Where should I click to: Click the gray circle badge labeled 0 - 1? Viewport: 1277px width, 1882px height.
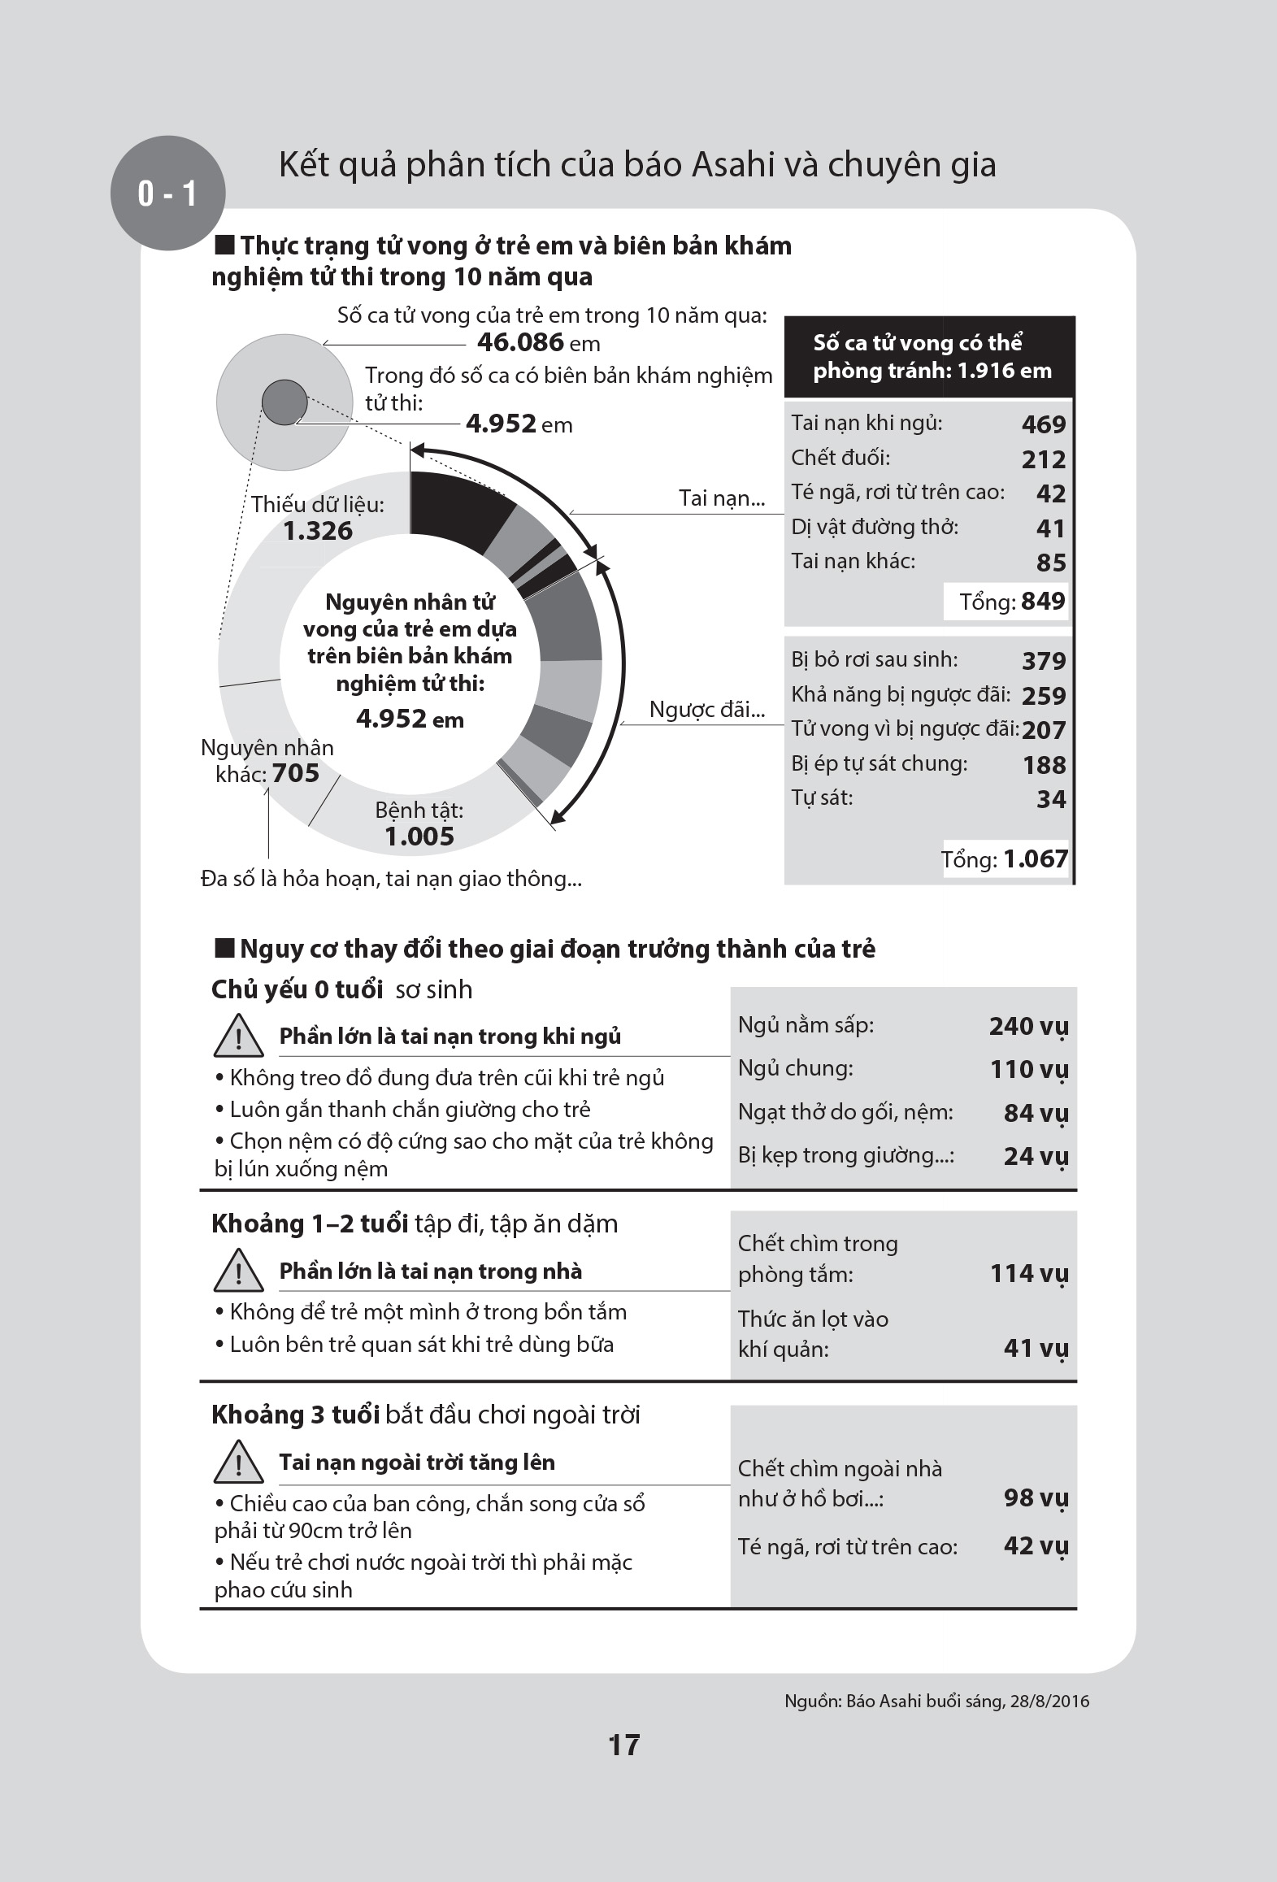coord(167,193)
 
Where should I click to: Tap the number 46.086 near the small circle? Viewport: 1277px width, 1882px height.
coord(520,342)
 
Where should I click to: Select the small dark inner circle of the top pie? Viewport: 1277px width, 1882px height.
coord(285,402)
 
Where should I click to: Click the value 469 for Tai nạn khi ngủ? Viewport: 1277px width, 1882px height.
coord(1043,424)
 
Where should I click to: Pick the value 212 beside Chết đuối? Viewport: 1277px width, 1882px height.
coord(1043,459)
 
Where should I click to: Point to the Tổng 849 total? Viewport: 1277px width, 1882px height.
coord(1011,602)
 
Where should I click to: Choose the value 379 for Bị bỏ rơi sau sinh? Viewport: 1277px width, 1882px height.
coord(1043,661)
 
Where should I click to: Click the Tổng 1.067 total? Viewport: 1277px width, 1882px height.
coord(1005,859)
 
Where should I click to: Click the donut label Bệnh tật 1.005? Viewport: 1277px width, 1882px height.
coord(419,824)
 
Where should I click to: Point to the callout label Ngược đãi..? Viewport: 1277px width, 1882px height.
coord(707,710)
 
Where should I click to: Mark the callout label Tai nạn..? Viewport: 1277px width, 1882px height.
coord(722,498)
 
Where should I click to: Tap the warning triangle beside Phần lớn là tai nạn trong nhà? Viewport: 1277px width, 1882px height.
coord(237,1272)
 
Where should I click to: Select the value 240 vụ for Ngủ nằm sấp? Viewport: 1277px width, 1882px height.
coord(1028,1027)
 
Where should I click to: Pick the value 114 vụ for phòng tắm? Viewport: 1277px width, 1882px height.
coord(1028,1273)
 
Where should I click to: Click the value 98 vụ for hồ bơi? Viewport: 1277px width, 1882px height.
coord(1035,1497)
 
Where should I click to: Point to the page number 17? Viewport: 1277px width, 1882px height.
coord(624,1745)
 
